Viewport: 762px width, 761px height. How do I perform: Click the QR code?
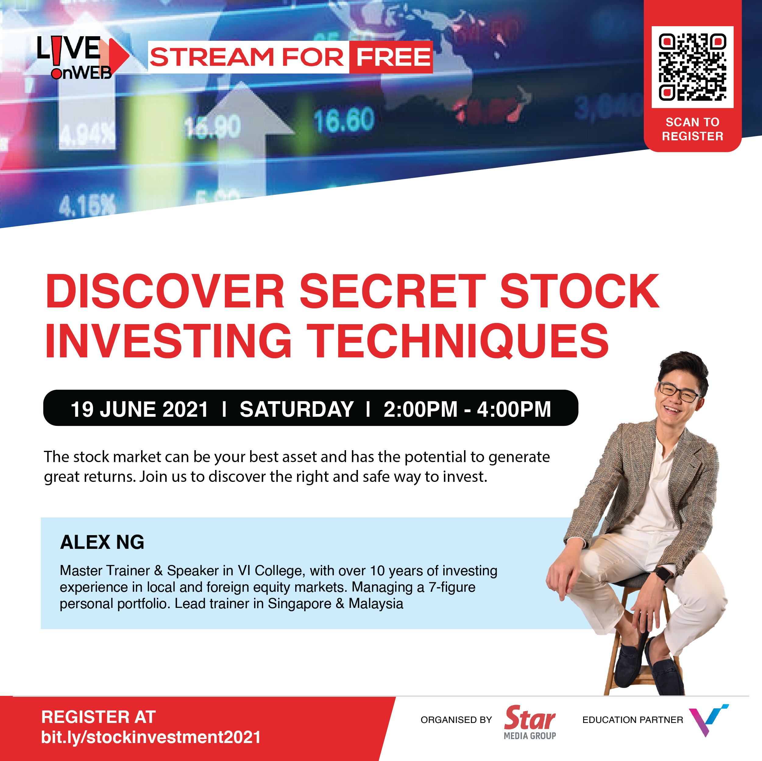tap(692, 67)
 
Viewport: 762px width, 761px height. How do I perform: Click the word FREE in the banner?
tap(393, 57)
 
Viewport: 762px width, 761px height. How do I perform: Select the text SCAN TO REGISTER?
tap(693, 129)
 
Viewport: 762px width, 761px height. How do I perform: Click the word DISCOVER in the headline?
tap(165, 291)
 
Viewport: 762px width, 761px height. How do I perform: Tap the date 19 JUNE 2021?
tap(139, 409)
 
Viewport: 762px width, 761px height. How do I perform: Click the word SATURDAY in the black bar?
tap(296, 409)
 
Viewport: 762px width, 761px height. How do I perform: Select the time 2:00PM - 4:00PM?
tap(467, 409)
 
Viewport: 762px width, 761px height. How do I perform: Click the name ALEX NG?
tap(102, 542)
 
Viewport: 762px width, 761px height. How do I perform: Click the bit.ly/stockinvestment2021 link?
tap(151, 737)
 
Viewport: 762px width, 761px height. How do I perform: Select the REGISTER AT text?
tap(99, 717)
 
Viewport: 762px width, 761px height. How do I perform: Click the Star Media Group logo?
tap(530, 722)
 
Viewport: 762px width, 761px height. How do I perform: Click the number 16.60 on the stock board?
tap(344, 120)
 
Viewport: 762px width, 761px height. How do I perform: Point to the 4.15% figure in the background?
tap(87, 205)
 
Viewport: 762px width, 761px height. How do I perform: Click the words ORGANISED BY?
tap(456, 720)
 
